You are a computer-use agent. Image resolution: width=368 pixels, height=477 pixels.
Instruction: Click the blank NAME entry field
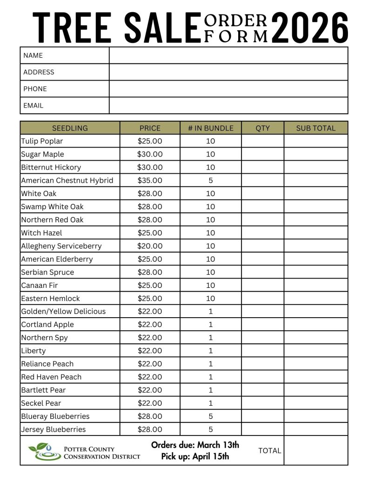tap(228, 55)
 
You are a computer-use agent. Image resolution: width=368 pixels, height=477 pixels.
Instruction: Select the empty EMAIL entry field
tap(228, 105)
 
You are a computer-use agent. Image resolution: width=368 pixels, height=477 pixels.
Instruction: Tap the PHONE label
tap(35, 89)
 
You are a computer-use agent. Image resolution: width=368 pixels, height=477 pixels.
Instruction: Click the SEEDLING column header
tap(70, 128)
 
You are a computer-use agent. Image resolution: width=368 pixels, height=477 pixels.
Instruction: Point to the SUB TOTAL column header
tap(315, 128)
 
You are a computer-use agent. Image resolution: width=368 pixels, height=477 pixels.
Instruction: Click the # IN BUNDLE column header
tap(210, 128)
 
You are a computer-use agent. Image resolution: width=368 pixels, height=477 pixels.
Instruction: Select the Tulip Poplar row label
tap(42, 141)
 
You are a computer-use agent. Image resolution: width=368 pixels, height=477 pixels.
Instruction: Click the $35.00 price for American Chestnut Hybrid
tap(150, 180)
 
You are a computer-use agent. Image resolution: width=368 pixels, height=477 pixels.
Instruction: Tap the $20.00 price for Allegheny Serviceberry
tap(150, 246)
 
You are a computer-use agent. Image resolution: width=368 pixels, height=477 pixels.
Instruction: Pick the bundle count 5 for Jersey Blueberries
tap(210, 429)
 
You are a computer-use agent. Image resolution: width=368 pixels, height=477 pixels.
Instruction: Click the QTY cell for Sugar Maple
tap(262, 154)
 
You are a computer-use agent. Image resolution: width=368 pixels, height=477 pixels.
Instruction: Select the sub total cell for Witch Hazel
tap(315, 233)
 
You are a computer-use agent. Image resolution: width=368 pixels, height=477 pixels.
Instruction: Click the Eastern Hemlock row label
tap(50, 299)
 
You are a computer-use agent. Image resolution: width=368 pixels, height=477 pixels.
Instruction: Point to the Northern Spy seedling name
tap(44, 338)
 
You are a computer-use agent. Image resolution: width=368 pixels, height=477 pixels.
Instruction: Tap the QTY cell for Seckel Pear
tap(262, 403)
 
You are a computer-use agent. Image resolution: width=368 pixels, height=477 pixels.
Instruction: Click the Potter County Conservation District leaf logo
tap(44, 451)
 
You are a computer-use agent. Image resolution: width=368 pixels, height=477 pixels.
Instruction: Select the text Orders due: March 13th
tap(195, 445)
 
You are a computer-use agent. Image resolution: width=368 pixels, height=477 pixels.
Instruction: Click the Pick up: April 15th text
tap(195, 457)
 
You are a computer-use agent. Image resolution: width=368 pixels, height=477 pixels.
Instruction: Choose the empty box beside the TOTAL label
tap(315, 450)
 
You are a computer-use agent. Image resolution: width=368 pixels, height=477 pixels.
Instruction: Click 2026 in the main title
tap(309, 28)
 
